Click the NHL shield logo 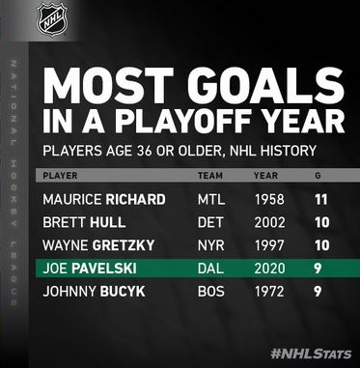coord(51,19)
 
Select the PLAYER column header coord(60,176)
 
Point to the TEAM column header coord(210,176)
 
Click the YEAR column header coord(266,176)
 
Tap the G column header coord(318,176)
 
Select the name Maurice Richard coord(104,200)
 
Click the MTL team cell coord(211,200)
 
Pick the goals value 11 coord(321,200)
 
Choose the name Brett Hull coord(84,222)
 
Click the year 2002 coord(269,222)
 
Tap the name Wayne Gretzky coord(98,245)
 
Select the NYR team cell coord(211,245)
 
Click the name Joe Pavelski coord(90,269)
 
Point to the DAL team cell coord(210,269)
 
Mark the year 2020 coord(269,269)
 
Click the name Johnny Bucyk coord(94,292)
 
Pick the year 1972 coord(269,292)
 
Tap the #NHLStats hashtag coord(311,354)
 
